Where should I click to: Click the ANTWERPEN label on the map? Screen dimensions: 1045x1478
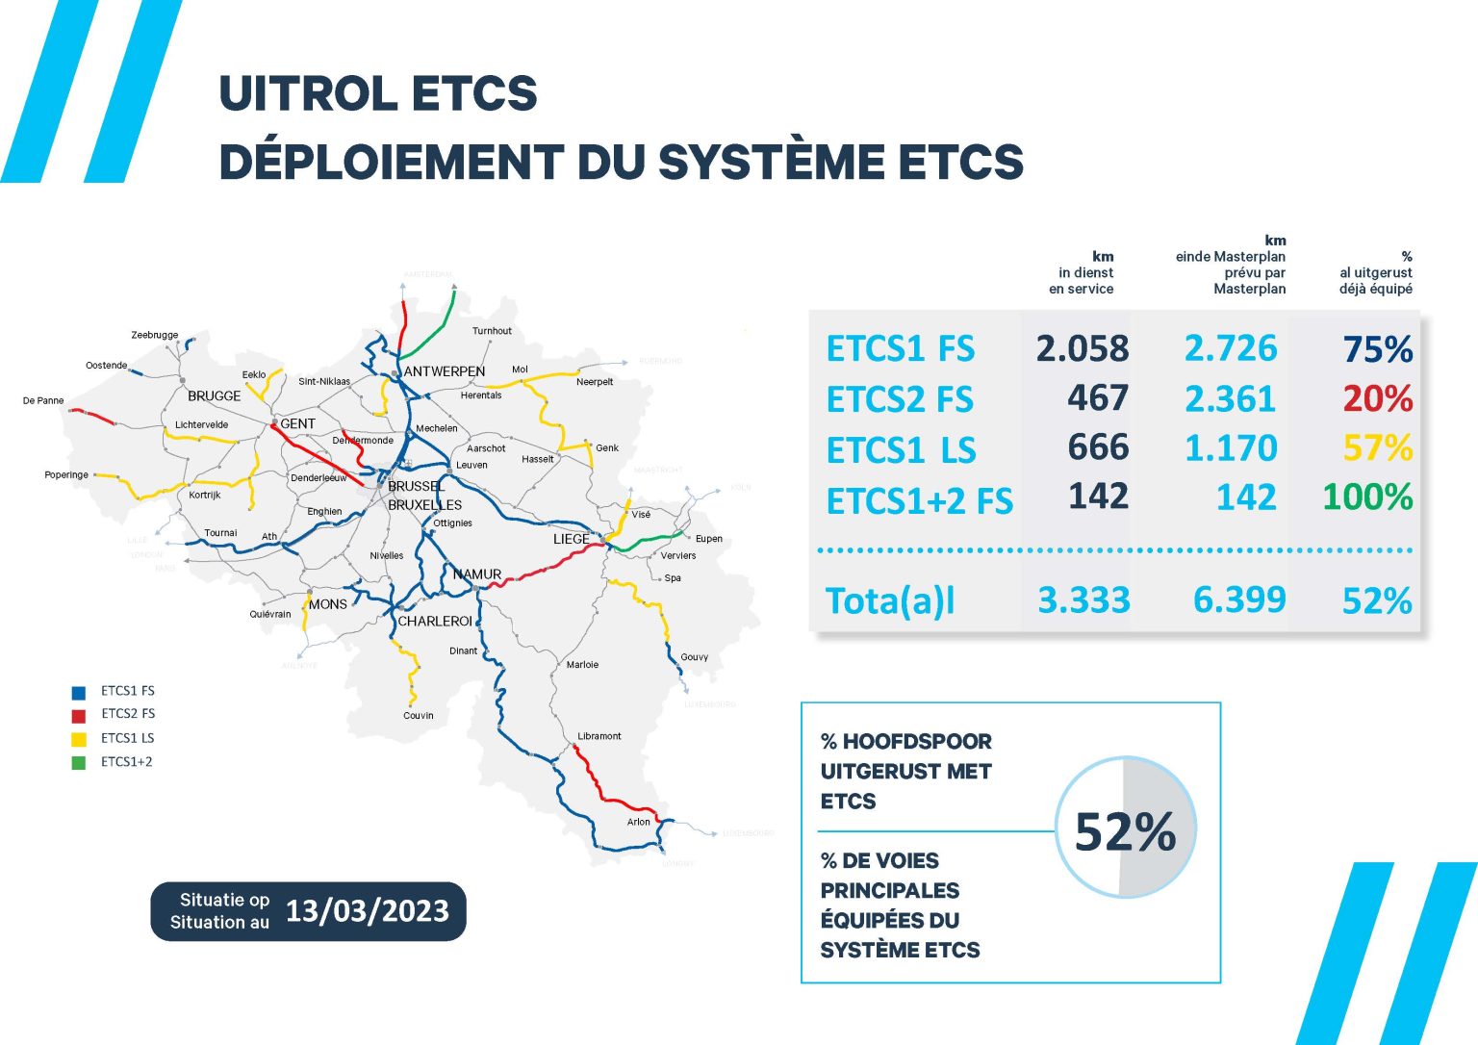tap(444, 371)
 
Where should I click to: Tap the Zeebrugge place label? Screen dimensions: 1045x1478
tap(155, 335)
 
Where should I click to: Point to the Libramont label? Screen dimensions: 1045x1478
tap(599, 736)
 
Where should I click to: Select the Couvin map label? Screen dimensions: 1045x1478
tap(419, 715)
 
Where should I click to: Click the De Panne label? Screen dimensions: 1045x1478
tap(43, 400)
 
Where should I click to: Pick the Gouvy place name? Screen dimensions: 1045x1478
tap(694, 657)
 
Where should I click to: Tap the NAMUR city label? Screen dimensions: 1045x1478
tap(477, 574)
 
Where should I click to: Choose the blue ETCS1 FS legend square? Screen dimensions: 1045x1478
tap(79, 692)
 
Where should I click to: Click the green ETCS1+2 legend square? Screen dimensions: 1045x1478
tap(79, 763)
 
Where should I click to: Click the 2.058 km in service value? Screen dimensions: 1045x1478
tap(1082, 348)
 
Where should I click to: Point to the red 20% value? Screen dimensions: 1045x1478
tap(1377, 398)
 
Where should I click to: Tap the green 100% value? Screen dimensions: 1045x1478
tap(1366, 497)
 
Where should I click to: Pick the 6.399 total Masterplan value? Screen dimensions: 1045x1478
tap(1239, 600)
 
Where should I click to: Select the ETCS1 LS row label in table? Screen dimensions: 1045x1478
tap(901, 449)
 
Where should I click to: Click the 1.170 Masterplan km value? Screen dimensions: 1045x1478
tap(1231, 448)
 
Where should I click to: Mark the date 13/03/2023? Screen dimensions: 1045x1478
tap(367, 911)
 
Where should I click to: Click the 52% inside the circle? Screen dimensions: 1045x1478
tap(1125, 831)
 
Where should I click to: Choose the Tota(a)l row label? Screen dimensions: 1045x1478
tap(890, 600)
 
